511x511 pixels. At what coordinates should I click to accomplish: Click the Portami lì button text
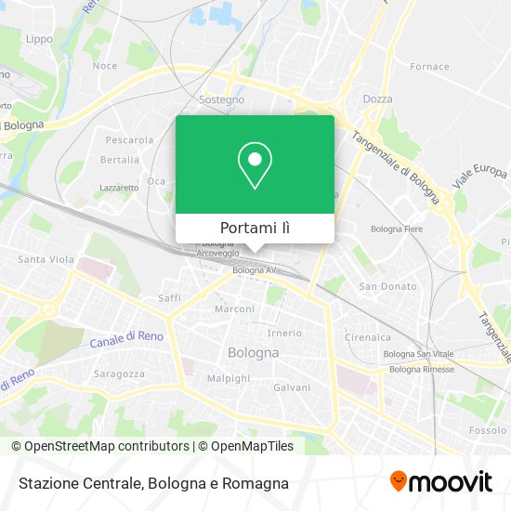point(255,229)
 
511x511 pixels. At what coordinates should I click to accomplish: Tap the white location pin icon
point(255,165)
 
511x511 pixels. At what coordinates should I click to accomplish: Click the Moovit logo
point(440,482)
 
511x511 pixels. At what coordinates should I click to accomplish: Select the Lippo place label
point(39,39)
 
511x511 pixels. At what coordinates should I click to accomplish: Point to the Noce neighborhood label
point(105,66)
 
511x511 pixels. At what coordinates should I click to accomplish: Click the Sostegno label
point(222,99)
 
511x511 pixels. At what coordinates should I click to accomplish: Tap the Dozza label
point(377,98)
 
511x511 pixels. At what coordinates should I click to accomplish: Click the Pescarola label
point(129,140)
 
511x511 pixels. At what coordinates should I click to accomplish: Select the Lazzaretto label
point(119,188)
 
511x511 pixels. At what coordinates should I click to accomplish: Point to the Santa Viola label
point(46,259)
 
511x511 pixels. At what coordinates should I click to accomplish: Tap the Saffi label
point(169,298)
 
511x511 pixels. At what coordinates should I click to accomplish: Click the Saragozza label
point(119,373)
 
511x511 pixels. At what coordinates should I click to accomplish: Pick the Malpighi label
point(228,379)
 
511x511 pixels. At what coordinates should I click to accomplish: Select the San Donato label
point(387,286)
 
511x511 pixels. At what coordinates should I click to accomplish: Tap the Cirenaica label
point(369,337)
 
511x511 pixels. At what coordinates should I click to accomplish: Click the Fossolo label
point(487,431)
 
